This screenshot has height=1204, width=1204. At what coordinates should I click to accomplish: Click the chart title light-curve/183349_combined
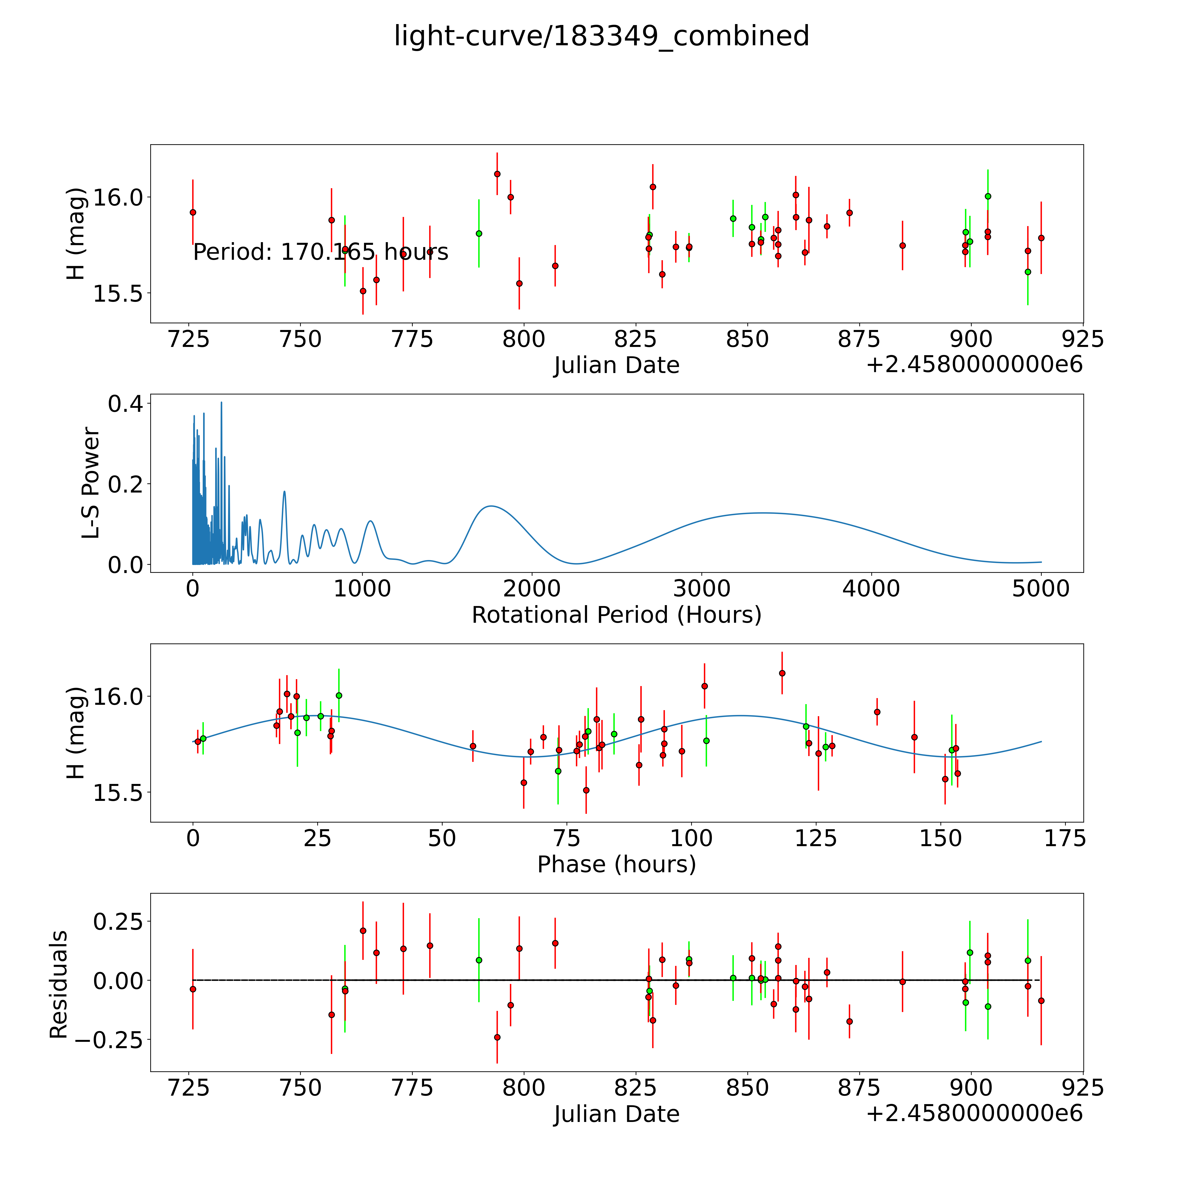point(601,36)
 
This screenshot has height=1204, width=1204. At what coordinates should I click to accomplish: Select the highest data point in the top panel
point(497,174)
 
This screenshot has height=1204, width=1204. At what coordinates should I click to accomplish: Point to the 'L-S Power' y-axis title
point(90,483)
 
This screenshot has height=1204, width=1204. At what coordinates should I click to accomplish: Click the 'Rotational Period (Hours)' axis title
point(616,615)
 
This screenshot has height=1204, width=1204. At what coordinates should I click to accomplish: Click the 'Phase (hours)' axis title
point(616,864)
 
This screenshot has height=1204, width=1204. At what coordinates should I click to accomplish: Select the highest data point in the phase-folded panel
point(781,673)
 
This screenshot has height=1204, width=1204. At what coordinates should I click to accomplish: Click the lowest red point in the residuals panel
point(497,1037)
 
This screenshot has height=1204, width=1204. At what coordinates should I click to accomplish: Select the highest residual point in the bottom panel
point(363,930)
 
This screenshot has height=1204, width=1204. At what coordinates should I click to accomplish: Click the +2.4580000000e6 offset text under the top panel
point(974,365)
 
